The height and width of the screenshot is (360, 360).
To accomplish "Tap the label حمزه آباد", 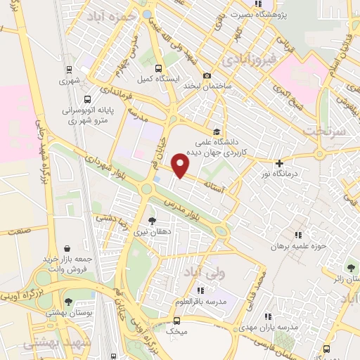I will pyautogui.click(x=113, y=17).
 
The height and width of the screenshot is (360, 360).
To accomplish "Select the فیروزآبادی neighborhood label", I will pyautogui.click(x=247, y=60).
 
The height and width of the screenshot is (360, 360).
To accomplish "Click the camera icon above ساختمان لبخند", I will pyautogui.click(x=207, y=76).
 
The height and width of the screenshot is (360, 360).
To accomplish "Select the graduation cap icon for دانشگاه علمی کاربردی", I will pyautogui.click(x=217, y=131).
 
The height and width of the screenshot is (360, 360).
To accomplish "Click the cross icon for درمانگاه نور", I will pyautogui.click(x=279, y=163).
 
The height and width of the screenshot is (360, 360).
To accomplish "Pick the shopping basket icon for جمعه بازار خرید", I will pyautogui.click(x=67, y=248).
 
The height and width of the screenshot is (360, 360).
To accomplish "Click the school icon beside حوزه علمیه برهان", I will pyautogui.click(x=297, y=235).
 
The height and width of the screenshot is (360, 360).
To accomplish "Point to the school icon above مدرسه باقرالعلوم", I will pyautogui.click(x=200, y=290).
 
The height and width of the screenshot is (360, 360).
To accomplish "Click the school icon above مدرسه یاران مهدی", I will pyautogui.click(x=266, y=317).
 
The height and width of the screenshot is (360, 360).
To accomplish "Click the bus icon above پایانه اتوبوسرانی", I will pyautogui.click(x=87, y=99).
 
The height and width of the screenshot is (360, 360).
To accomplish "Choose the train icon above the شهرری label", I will pyautogui.click(x=69, y=70).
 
